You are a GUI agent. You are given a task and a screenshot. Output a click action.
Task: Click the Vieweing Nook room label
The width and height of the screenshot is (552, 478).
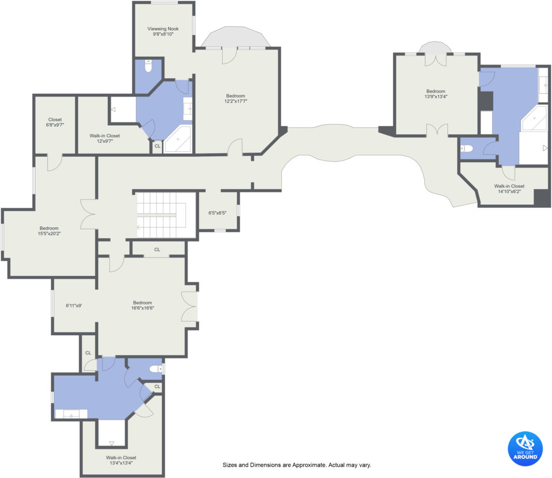pos(163,31)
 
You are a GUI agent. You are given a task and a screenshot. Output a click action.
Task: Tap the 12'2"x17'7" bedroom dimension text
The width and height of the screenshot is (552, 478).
pos(236,101)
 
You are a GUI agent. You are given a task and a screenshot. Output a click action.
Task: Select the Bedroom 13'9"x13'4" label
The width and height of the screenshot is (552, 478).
pos(436,94)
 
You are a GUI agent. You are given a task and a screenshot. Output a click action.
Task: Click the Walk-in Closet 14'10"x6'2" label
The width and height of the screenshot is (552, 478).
pos(509,189)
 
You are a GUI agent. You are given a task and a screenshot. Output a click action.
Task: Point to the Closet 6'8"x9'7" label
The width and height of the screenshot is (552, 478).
pos(55,122)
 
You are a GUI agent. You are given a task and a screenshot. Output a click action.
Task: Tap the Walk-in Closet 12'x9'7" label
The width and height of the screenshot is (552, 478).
pos(105,138)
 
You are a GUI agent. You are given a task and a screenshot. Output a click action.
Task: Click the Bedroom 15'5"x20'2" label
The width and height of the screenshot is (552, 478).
pos(49,231)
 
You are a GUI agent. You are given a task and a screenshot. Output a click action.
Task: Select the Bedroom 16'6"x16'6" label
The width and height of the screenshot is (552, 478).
pos(142,305)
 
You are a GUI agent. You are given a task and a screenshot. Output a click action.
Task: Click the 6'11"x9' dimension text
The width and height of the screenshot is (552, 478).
pos(74,306)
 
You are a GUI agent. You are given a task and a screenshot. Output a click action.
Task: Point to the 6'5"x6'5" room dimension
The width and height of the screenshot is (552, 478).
pos(217,213)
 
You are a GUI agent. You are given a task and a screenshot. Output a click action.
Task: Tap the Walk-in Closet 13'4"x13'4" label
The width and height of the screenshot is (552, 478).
pos(121,460)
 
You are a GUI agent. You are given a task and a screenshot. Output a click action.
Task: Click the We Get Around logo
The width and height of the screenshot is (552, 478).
pos(525,448)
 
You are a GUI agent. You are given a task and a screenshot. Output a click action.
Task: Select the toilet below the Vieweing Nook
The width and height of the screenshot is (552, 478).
pos(148,66)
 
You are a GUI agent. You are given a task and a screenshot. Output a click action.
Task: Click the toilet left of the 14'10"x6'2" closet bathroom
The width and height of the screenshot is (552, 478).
pos(466,149)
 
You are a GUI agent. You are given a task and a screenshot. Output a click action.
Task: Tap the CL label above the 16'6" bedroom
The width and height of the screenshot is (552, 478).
pos(157,250)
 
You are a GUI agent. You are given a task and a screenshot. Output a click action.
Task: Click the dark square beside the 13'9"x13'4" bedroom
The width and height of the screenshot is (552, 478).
pos(486,101)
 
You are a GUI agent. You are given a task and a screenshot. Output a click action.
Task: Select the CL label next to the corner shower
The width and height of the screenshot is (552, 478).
pos(157,146)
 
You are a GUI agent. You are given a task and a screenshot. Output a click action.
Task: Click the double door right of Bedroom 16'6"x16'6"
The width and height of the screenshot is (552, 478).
pos(189,306)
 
